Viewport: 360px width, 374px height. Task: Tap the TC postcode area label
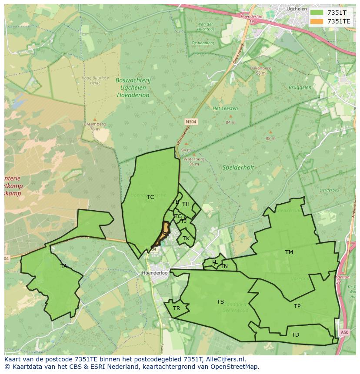pos(150,197)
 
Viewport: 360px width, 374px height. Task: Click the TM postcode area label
pos(289,252)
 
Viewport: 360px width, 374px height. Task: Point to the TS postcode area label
pos(220,302)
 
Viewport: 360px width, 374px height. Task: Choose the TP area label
pos(297,306)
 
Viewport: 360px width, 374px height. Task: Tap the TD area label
pos(295,335)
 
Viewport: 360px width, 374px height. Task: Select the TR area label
pos(176,308)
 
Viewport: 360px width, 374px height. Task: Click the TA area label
pos(64,266)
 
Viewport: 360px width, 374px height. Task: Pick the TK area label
pos(186,238)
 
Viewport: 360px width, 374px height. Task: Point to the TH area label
pos(186,204)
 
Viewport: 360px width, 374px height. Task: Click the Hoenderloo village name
pos(155,273)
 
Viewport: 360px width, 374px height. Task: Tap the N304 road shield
pos(191,122)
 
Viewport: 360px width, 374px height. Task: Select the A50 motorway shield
pos(344,332)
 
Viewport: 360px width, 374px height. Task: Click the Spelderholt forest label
pos(238,167)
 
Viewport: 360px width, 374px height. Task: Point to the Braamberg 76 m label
pos(95,126)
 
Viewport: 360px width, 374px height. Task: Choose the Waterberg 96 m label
pos(191,162)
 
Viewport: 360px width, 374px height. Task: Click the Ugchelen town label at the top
pos(297,9)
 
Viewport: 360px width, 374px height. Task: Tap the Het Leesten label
pos(222,108)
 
